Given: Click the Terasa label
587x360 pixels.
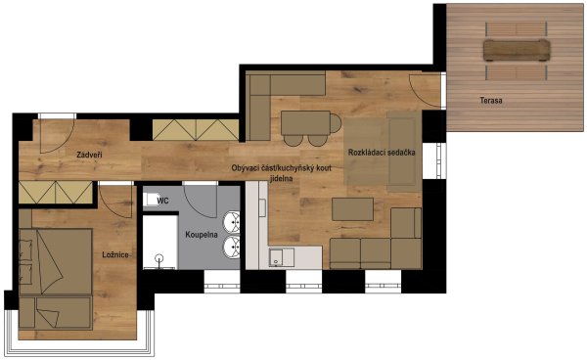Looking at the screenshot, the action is click(491, 101).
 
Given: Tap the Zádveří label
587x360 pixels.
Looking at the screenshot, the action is click(89, 155).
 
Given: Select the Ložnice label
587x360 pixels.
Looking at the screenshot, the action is click(115, 255).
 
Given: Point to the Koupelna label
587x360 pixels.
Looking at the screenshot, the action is click(202, 235).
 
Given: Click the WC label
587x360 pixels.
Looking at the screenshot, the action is click(162, 201).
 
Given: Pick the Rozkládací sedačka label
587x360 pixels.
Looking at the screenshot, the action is click(382, 153).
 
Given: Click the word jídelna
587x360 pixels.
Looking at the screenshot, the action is click(281, 178).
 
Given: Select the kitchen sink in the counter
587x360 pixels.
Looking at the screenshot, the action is click(282, 257).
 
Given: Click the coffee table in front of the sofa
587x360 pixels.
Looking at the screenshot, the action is click(352, 209).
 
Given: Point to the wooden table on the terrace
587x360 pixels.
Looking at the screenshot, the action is click(517, 50).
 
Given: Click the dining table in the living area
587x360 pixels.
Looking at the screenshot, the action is click(305, 122).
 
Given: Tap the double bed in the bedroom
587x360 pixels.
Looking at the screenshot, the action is click(56, 261).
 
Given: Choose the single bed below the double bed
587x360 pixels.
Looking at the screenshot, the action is click(56, 313).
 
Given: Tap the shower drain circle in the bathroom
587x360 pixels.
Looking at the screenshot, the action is click(159, 258).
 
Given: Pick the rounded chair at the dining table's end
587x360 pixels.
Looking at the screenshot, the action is click(336, 123).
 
